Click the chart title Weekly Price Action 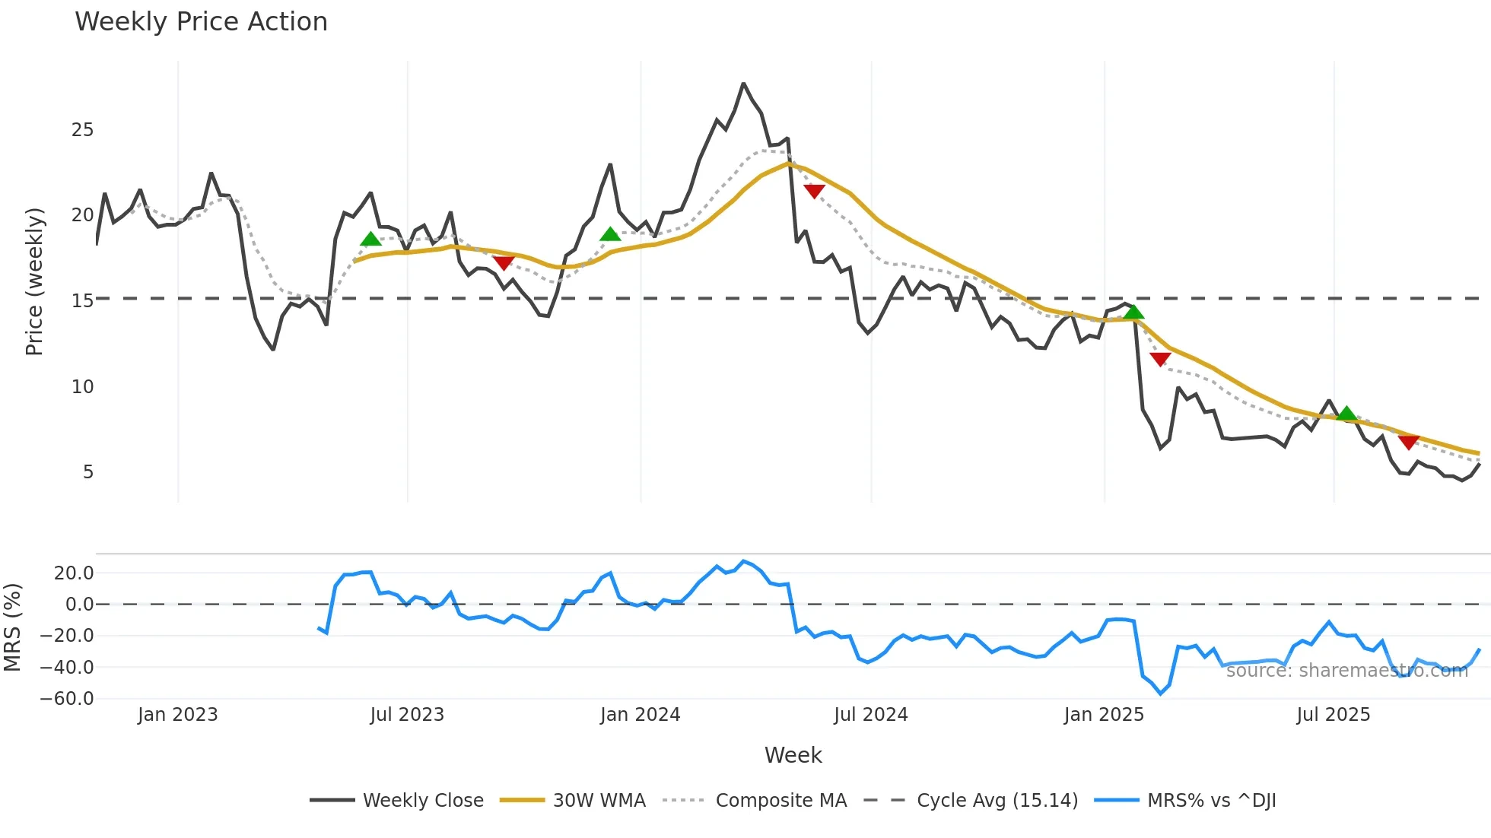point(201,22)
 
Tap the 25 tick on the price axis point(82,130)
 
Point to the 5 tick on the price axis point(87,472)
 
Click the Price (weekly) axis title point(34,281)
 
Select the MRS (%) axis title point(12,627)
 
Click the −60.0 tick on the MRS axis point(67,699)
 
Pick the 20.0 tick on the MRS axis point(74,573)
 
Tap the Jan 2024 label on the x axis point(640,715)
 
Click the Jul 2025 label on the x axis point(1333,715)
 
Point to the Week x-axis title point(793,755)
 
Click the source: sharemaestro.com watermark point(1346,671)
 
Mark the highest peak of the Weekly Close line point(743,84)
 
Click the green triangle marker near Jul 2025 point(1346,414)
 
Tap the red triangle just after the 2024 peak point(814,191)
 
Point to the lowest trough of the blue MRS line point(1161,694)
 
